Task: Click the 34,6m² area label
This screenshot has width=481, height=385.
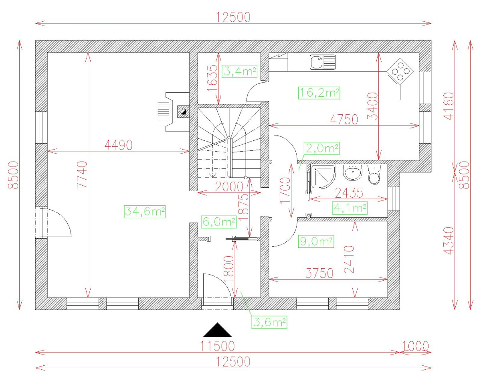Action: (145, 211)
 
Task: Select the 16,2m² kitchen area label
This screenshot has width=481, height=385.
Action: (319, 93)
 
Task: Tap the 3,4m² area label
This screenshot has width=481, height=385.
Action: (240, 72)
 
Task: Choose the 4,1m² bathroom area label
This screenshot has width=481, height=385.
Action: (350, 208)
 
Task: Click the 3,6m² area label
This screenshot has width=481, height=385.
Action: (269, 322)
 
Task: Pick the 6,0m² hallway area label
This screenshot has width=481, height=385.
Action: (218, 221)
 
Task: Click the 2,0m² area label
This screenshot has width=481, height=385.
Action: (322, 148)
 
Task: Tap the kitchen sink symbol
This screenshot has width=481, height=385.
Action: (323, 62)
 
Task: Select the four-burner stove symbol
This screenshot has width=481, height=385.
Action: (400, 71)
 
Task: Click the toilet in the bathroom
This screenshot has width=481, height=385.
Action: (374, 174)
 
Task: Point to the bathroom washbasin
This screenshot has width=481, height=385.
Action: (353, 173)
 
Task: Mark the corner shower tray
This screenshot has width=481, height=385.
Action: (321, 177)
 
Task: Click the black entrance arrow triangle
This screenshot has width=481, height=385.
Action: (217, 330)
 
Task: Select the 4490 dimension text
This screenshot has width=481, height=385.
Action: (118, 145)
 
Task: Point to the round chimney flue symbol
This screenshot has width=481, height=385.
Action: (183, 112)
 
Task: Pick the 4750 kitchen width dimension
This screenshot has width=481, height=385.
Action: (344, 120)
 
